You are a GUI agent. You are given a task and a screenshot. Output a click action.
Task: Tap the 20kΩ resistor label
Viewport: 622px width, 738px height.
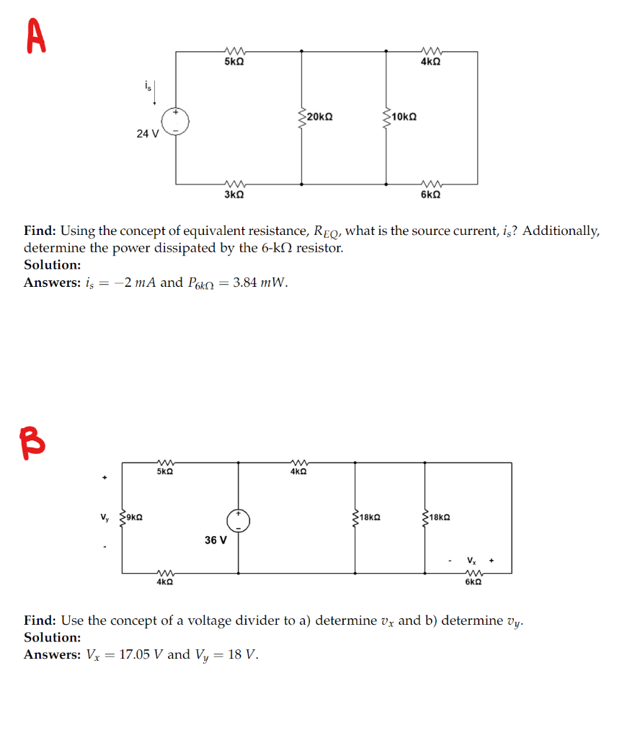click(319, 116)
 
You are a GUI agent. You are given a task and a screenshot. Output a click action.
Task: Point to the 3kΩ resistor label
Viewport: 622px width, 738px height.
click(234, 195)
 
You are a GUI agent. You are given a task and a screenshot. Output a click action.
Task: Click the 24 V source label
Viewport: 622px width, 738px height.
click(147, 133)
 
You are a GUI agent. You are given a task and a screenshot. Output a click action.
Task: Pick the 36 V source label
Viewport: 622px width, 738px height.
click(215, 539)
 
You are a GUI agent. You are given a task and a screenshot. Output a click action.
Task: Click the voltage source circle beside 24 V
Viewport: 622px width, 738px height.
click(175, 122)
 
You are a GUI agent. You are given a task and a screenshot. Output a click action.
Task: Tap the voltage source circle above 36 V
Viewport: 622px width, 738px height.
click(239, 521)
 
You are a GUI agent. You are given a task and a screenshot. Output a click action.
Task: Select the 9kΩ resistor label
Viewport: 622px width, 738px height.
click(134, 517)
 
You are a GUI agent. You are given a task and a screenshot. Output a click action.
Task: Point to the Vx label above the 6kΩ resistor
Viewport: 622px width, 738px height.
click(471, 560)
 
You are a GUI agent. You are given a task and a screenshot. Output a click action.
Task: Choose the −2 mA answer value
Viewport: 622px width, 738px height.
click(137, 283)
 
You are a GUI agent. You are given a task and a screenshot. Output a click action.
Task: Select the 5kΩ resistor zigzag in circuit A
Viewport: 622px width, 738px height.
click(234, 50)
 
